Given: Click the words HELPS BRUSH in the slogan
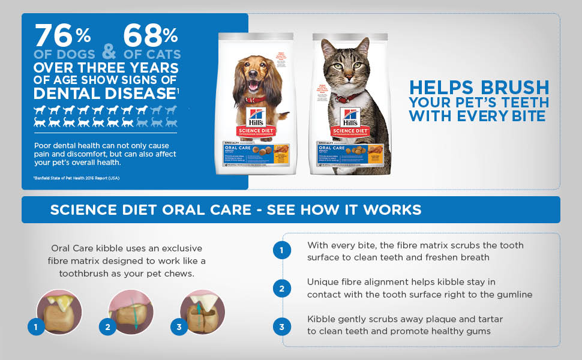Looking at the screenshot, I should pyautogui.click(x=479, y=88).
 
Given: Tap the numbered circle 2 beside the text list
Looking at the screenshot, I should pyautogui.click(x=281, y=289).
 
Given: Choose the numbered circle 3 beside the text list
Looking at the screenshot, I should pyautogui.click(x=281, y=327).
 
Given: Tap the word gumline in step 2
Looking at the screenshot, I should pyautogui.click(x=511, y=294).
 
